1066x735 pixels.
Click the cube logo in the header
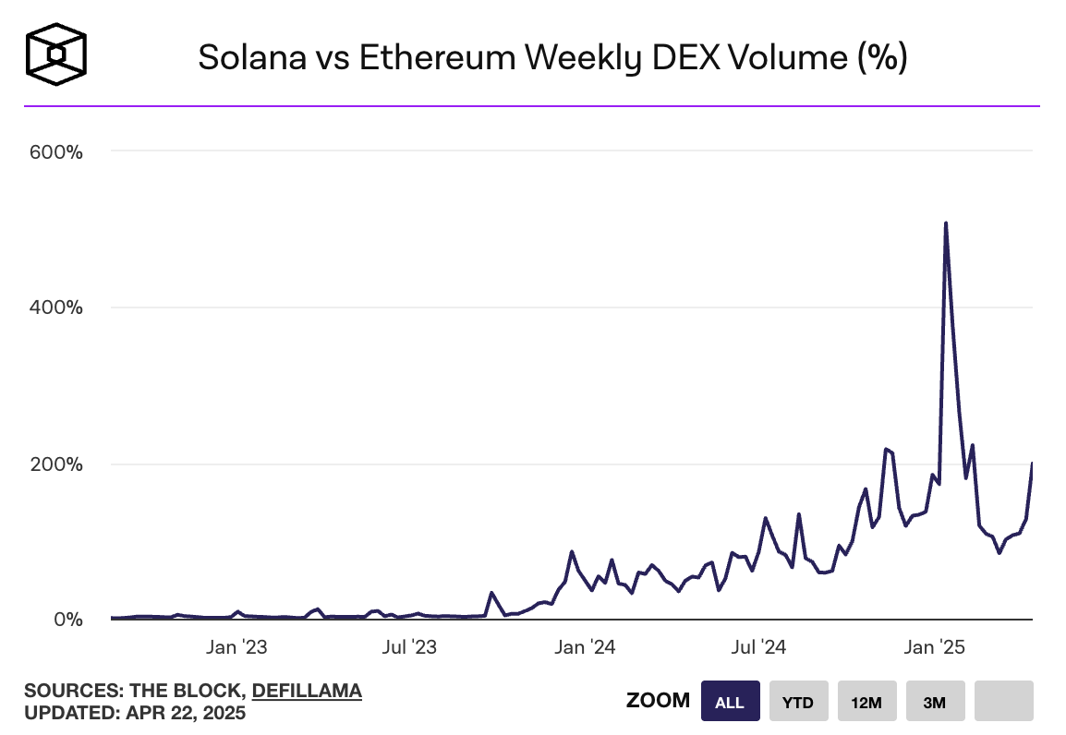point(56,54)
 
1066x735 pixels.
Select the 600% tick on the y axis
point(57,151)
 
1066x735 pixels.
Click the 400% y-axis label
point(57,307)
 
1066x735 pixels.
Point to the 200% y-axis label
point(57,464)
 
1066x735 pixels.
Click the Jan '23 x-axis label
point(236,647)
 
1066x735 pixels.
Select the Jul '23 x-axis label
point(409,647)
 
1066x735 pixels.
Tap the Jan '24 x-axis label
point(583,647)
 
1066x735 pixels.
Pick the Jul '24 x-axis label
point(758,647)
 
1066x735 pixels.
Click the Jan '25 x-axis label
point(933,647)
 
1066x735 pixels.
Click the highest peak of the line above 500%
point(946,223)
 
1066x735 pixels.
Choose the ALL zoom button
point(730,701)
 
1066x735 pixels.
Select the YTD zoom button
point(798,701)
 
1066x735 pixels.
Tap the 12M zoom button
point(866,701)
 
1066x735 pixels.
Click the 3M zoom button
point(935,701)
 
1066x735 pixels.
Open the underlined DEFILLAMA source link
point(307,691)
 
